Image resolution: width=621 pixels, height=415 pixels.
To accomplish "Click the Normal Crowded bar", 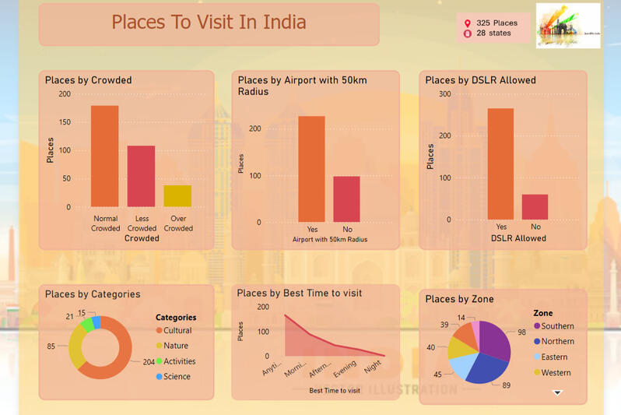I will (105, 156).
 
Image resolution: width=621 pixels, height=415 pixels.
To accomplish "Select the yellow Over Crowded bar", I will (177, 196).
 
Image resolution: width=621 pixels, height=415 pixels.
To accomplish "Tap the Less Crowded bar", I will (142, 176).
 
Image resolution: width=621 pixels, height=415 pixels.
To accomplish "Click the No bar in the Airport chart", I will (347, 199).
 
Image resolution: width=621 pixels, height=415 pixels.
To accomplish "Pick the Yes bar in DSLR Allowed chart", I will (500, 164).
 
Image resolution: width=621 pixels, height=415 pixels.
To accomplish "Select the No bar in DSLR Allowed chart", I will (535, 207).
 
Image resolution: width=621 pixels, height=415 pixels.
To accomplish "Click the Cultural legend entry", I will (177, 331).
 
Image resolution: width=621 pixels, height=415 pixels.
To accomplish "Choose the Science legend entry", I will (177, 377).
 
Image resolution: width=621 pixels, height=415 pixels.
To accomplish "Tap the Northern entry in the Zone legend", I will (557, 342).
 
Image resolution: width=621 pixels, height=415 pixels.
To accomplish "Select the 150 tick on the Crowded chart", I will (64, 122).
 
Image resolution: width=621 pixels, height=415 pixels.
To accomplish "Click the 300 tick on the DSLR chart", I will (445, 94).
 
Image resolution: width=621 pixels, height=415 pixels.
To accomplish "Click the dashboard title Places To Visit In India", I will (209, 23).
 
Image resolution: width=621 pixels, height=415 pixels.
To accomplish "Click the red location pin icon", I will (467, 24).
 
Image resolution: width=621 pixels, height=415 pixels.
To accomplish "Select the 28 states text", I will (493, 33).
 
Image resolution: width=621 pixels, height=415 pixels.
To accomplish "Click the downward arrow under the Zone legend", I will (557, 393).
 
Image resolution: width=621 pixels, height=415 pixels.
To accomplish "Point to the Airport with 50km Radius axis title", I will (329, 240).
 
